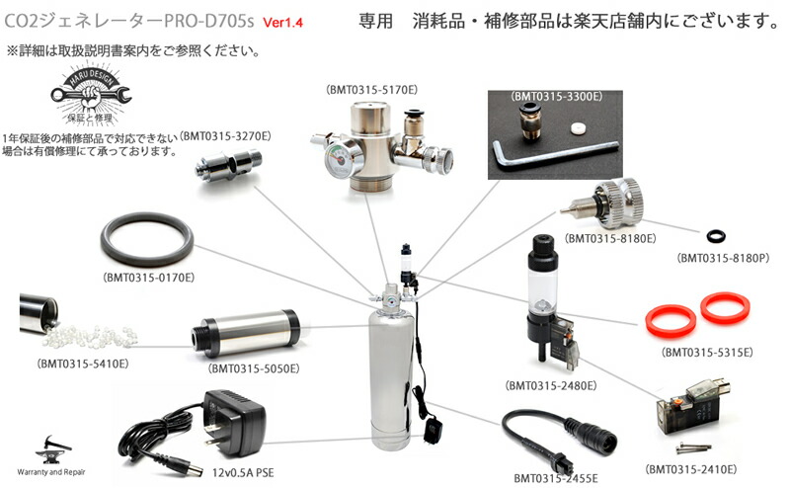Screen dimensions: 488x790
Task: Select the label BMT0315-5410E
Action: (x=83, y=364)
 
